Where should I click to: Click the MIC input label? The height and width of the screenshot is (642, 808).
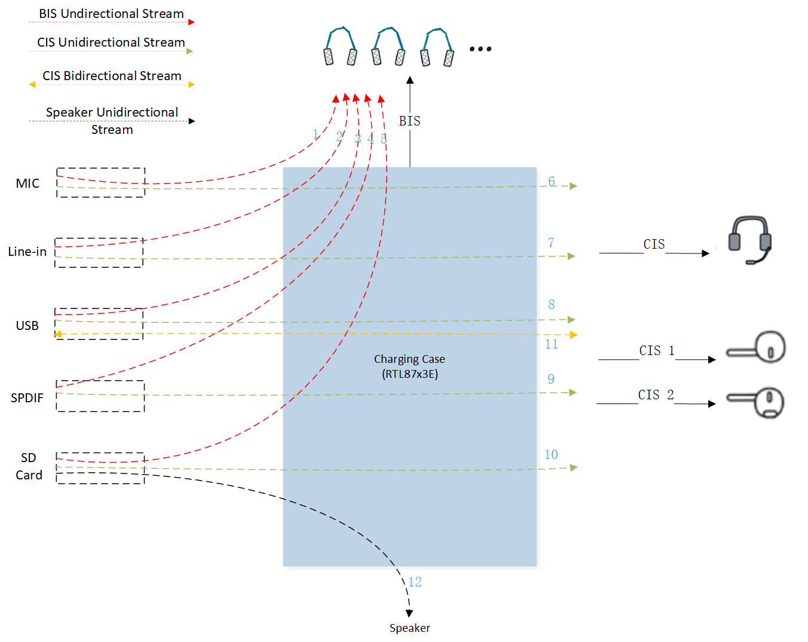(x=27, y=183)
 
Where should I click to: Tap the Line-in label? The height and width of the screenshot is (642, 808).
(x=27, y=251)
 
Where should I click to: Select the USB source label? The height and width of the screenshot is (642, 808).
(x=27, y=325)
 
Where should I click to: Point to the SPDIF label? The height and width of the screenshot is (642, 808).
(x=27, y=398)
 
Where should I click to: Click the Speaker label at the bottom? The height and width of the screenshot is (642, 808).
(x=409, y=628)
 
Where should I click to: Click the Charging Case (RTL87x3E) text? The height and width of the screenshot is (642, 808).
(x=409, y=366)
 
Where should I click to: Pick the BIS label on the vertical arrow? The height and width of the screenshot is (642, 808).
(x=409, y=121)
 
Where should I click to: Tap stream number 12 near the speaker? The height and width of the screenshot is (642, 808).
(x=415, y=582)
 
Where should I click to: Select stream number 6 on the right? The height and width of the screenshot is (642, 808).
(x=552, y=182)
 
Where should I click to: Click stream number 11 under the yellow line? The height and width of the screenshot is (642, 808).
(x=552, y=344)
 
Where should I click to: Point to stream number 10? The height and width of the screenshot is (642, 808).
(x=551, y=454)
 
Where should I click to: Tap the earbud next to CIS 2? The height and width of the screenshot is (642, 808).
(x=755, y=402)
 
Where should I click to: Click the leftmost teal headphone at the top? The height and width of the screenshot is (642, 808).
(x=340, y=46)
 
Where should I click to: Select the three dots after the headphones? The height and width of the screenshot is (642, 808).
(x=480, y=49)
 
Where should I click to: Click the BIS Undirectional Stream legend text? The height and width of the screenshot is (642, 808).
(x=112, y=14)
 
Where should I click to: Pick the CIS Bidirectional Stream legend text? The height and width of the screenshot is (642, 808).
(x=112, y=75)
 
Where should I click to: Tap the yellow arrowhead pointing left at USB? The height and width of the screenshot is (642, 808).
(x=58, y=334)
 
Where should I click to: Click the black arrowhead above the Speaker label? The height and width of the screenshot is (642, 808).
(x=409, y=613)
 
